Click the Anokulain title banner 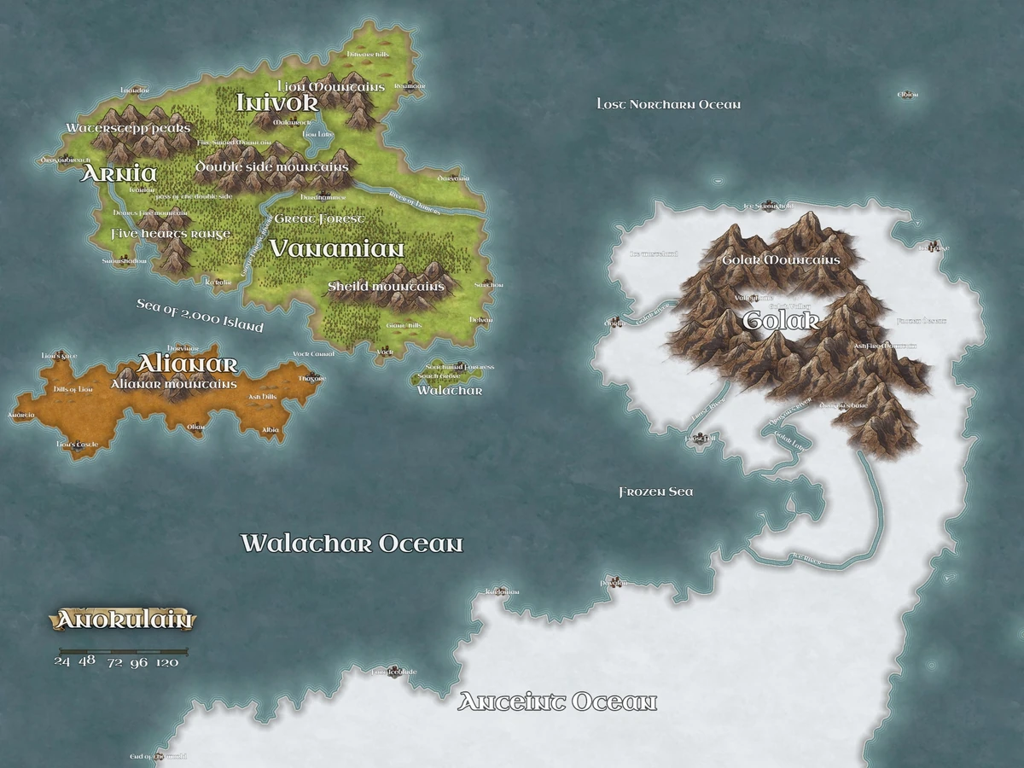(x=124, y=620)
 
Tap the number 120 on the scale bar (x=167, y=661)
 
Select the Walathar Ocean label (x=352, y=544)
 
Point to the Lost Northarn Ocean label (x=669, y=104)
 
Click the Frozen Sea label (x=656, y=492)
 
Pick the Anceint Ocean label (x=557, y=702)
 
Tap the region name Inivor (x=277, y=102)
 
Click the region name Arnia (x=119, y=173)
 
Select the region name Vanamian (x=336, y=248)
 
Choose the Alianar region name (x=187, y=364)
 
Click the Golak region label (x=781, y=321)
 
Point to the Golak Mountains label (x=781, y=259)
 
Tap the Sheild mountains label (x=387, y=287)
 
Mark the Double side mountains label (x=272, y=166)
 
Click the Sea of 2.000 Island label (x=200, y=315)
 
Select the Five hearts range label (x=171, y=234)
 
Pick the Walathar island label (x=450, y=391)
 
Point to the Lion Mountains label (x=332, y=87)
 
